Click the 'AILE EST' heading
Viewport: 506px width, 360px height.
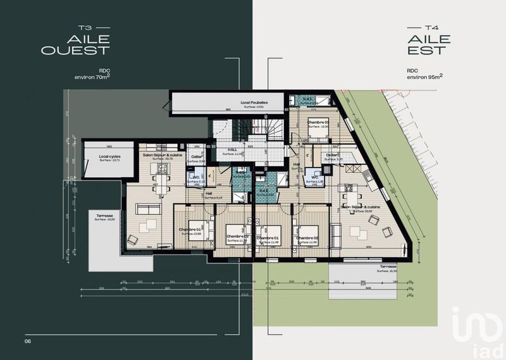[x=428, y=44]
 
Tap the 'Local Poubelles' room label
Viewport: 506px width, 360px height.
[x=254, y=102]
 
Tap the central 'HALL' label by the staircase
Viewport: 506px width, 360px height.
[x=233, y=150]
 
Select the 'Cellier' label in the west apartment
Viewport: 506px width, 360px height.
[x=197, y=158]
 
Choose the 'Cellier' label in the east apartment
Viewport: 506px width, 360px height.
[x=333, y=155]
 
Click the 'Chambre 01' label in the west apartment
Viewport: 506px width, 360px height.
[x=190, y=229]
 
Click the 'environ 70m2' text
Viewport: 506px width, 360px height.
[x=92, y=77]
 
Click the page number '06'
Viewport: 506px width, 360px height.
[x=28, y=342]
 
